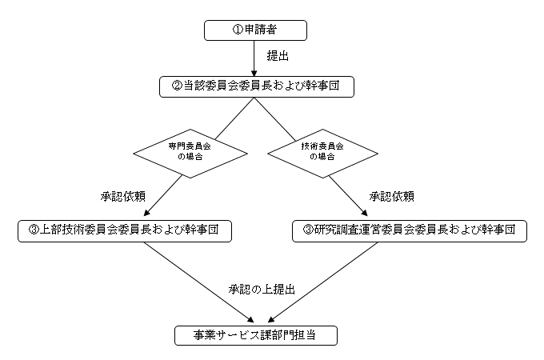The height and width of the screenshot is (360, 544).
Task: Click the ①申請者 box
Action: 255,30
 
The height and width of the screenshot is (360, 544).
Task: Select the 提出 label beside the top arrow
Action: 278,56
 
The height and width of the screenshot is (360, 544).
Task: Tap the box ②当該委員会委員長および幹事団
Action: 257,86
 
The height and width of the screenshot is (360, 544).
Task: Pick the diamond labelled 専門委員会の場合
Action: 190,154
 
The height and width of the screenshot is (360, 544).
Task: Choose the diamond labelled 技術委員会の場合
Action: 322,154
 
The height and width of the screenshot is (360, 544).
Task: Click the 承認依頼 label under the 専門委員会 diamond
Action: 123,197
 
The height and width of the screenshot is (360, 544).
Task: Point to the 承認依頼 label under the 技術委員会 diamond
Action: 392,197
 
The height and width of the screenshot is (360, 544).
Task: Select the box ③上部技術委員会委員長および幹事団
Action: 125,231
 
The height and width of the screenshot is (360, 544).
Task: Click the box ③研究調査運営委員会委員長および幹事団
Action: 410,231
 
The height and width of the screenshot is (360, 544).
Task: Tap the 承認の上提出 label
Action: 262,290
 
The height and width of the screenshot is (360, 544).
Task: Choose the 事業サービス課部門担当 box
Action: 256,335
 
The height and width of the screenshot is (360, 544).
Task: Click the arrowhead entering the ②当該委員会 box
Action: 254,74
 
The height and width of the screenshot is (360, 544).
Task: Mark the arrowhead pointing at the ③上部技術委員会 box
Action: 147,213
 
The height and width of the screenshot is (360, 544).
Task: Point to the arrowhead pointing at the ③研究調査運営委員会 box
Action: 364,213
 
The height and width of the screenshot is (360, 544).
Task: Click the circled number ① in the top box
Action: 238,30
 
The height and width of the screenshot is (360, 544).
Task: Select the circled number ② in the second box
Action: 177,86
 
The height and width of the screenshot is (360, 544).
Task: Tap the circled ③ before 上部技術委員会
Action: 34,230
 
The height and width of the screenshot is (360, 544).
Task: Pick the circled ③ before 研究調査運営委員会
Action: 309,230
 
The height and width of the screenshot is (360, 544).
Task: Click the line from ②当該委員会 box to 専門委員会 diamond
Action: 234,118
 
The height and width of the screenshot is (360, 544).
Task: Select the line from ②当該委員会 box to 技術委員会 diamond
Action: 274,119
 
